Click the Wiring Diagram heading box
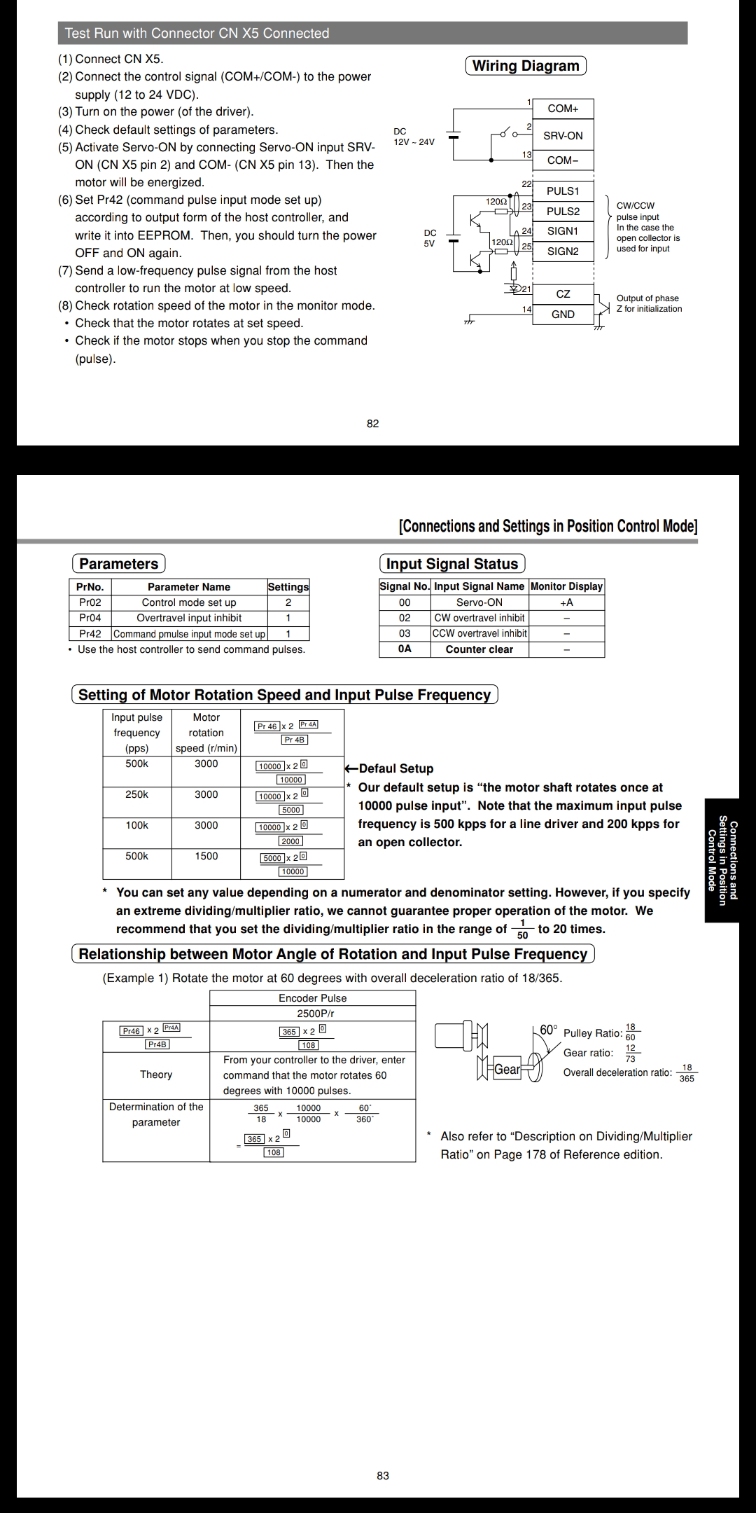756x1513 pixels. (x=526, y=66)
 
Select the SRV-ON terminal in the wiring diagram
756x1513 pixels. (x=563, y=136)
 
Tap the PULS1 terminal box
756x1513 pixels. (x=563, y=191)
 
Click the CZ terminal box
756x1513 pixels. (x=563, y=294)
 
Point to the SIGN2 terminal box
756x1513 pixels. (x=563, y=251)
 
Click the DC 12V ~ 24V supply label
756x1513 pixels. (x=413, y=137)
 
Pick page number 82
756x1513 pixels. (x=373, y=423)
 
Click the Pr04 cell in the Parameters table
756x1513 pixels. (x=90, y=618)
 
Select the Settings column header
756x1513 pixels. (x=288, y=587)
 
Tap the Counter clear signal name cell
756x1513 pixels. (x=479, y=649)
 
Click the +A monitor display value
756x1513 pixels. (x=566, y=602)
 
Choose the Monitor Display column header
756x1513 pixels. (x=566, y=586)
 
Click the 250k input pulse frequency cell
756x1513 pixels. (x=136, y=794)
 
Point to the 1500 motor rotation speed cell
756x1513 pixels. (x=206, y=856)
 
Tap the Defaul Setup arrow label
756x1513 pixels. (x=389, y=768)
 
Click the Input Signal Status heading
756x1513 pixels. (x=452, y=564)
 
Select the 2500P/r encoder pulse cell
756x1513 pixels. (x=312, y=1014)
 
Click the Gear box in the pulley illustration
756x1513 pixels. (x=507, y=1070)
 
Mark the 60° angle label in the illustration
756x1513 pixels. (x=548, y=1030)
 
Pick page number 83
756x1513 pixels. (x=383, y=1475)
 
